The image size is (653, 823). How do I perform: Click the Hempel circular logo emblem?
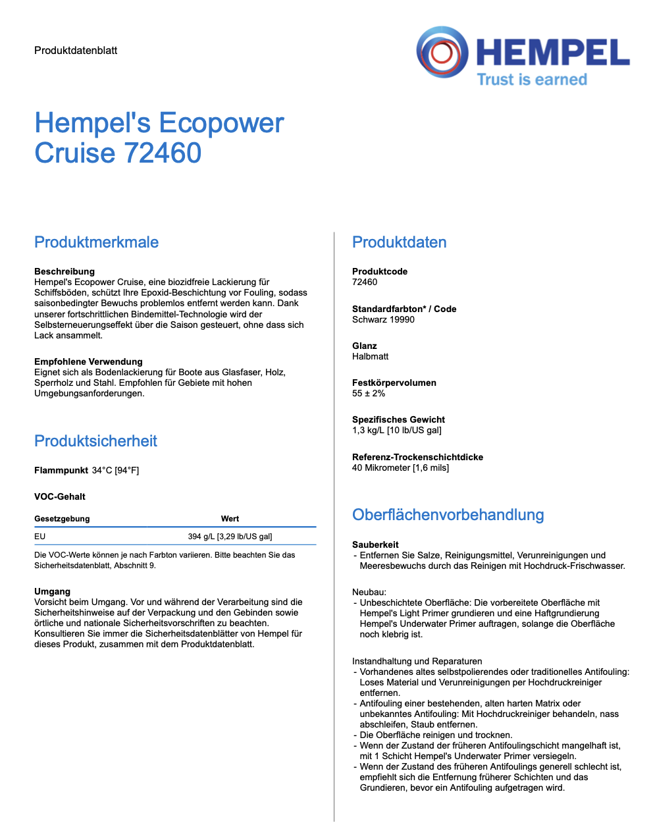[442, 52]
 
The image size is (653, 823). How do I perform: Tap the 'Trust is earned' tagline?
[531, 80]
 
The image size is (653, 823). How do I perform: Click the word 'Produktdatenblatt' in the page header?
[76, 51]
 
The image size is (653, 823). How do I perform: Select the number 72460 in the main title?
[163, 153]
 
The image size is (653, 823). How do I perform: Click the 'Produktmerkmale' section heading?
[96, 242]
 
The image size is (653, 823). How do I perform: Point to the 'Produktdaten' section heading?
[399, 242]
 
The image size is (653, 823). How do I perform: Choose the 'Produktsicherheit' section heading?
[95, 441]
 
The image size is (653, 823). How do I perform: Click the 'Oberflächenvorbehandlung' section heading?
[448, 515]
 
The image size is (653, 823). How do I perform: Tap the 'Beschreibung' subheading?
[65, 271]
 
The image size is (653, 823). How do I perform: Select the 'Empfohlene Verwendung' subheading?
[88, 361]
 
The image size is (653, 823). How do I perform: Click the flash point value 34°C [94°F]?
[115, 470]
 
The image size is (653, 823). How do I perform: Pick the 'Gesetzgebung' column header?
[62, 519]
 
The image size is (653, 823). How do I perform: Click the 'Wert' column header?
[230, 519]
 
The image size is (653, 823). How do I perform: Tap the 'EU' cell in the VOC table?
[40, 537]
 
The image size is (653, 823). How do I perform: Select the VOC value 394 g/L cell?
[230, 537]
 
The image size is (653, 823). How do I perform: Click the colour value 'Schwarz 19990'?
[383, 319]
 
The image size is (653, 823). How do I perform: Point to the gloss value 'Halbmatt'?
[370, 356]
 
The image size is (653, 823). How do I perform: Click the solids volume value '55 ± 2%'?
[369, 393]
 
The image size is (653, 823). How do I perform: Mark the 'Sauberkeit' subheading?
[375, 544]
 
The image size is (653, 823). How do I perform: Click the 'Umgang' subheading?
[52, 591]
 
